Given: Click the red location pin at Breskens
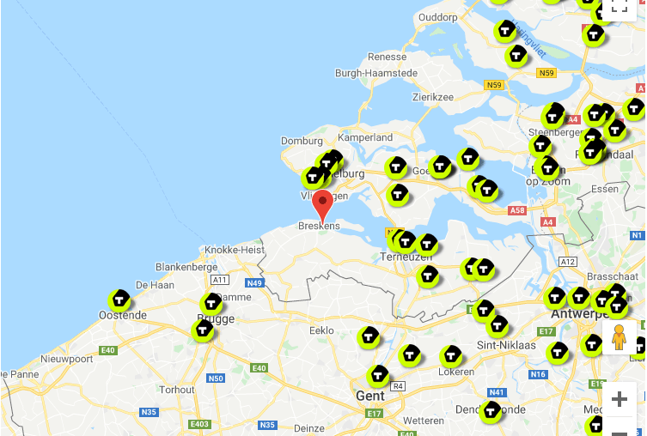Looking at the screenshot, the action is pos(323,205).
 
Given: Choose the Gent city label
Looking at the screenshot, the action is pos(371,396).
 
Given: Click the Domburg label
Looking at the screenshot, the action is pos(301,141).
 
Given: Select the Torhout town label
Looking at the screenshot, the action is pos(178,390).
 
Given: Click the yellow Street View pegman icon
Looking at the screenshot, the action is pos(620,338).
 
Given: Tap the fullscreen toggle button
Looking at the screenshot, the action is pos(619,7).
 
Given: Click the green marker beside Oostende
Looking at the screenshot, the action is pos(119,300).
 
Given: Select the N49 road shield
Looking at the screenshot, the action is pos(254,283).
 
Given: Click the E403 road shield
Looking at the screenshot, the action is pos(199,424).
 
